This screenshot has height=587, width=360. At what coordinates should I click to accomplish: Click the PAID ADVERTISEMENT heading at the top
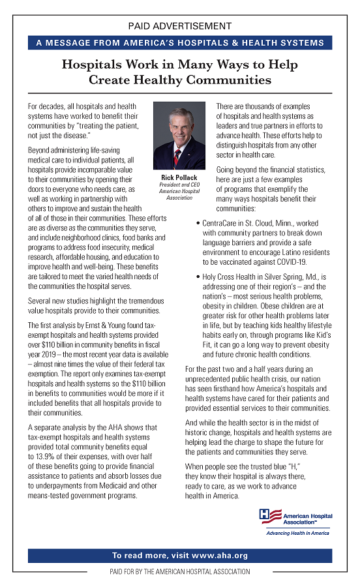[179, 26]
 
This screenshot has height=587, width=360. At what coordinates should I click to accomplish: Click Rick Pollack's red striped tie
[177, 157]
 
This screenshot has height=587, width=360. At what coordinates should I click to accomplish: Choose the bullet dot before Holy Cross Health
[197, 277]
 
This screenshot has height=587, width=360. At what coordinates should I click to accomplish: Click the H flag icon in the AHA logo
[267, 516]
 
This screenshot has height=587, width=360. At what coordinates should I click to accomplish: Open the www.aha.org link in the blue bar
[219, 556]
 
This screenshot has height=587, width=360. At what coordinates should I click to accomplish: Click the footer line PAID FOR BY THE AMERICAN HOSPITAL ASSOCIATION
[179, 572]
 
